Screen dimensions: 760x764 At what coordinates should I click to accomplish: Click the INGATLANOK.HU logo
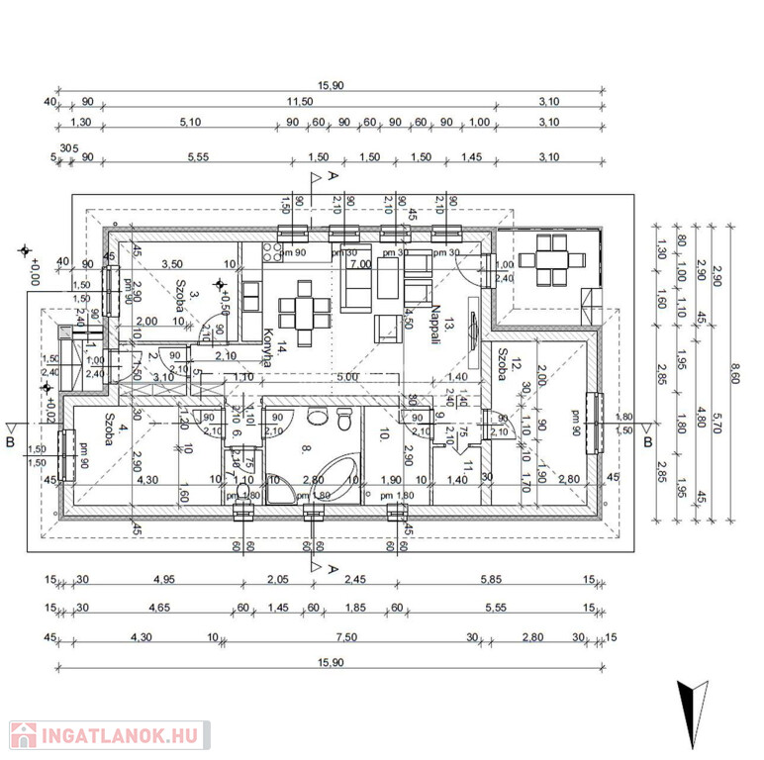click(108, 735)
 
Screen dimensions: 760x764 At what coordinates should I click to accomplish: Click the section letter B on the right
click(647, 441)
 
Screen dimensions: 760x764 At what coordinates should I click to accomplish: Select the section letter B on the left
click(10, 442)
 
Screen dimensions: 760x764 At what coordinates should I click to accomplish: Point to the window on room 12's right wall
click(595, 416)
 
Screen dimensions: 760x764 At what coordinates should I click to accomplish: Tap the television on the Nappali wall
click(475, 328)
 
